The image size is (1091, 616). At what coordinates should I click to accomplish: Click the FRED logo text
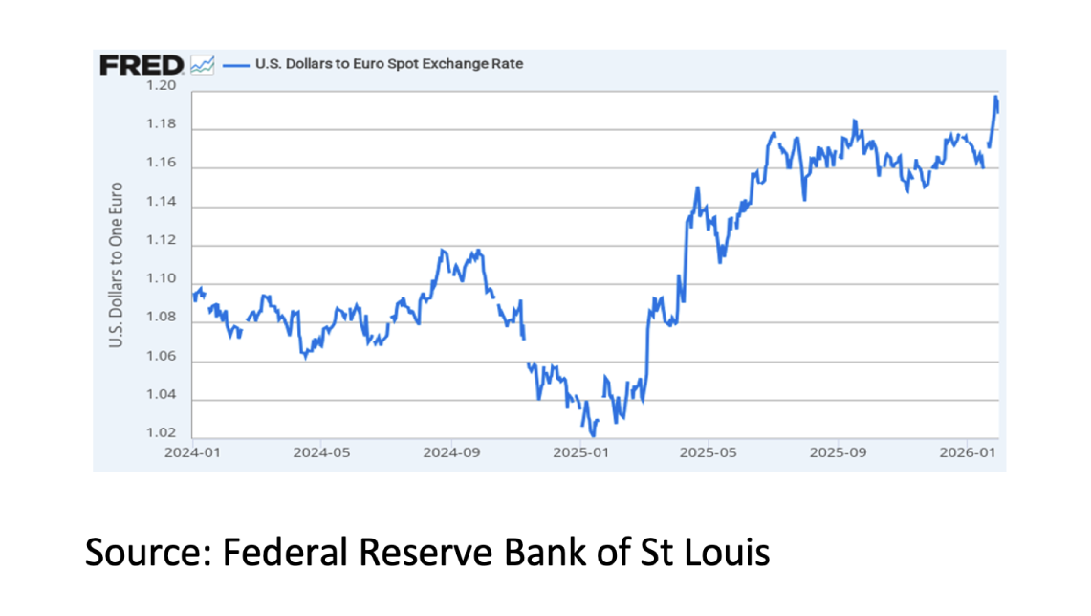[x=142, y=65]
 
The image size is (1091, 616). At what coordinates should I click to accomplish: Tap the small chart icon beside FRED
[x=202, y=65]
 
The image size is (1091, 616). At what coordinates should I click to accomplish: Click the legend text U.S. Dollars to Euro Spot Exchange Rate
[x=388, y=64]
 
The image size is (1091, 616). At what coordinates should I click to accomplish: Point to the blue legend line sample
[x=235, y=65]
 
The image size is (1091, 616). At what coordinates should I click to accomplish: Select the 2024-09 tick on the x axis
[x=451, y=451]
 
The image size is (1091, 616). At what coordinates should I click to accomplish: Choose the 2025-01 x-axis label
[x=579, y=451]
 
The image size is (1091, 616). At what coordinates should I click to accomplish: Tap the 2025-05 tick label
[x=709, y=451]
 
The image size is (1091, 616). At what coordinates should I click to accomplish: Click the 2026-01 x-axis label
[x=966, y=451]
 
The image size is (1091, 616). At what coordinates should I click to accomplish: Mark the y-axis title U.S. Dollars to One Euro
[x=117, y=264]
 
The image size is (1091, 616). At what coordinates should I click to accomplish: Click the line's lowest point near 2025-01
[x=593, y=436]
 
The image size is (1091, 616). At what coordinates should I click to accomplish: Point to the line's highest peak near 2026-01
[x=995, y=97]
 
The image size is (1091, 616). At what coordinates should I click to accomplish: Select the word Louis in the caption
[x=724, y=552]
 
